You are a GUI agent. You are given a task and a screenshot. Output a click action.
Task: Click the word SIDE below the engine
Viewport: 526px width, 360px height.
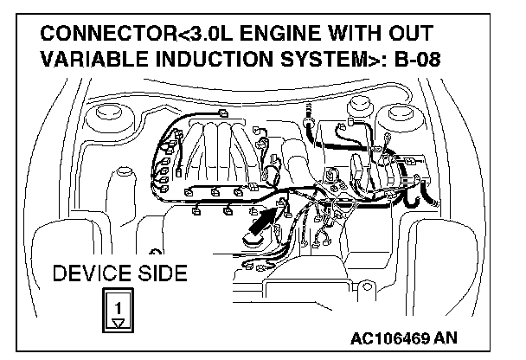pyautogui.click(x=157, y=274)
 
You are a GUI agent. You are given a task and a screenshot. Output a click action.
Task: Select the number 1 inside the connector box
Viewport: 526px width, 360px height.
pyautogui.click(x=119, y=308)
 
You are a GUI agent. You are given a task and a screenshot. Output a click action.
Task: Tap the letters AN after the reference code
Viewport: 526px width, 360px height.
pyautogui.click(x=458, y=337)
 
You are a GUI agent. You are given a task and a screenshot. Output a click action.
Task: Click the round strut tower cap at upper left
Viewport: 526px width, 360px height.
pyautogui.click(x=109, y=113)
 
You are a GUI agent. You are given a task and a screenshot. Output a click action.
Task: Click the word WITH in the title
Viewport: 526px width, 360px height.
pyautogui.click(x=365, y=35)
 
